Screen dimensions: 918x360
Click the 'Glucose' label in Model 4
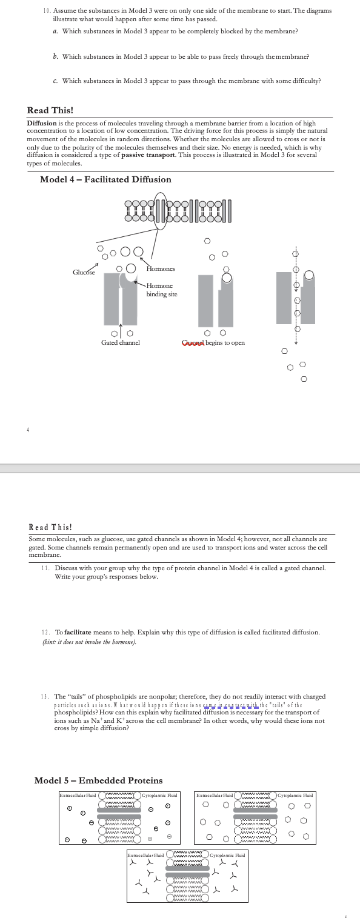tap(84, 272)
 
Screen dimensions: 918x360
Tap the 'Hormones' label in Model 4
tap(161, 268)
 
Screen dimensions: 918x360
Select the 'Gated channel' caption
tap(120, 342)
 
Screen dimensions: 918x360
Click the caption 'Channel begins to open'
tap(213, 342)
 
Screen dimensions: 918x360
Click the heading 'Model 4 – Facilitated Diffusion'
tap(105, 179)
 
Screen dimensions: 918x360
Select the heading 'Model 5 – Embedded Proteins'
tap(98, 780)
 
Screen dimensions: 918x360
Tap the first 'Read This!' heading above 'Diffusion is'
tap(50, 110)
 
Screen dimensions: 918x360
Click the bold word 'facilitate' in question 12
tap(78, 632)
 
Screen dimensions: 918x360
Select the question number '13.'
tap(45, 696)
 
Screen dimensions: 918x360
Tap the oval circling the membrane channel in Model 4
tap(160, 211)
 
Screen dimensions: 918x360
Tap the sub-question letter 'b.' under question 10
tap(55, 56)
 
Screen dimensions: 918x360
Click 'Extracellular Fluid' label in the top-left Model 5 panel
tap(78, 794)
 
